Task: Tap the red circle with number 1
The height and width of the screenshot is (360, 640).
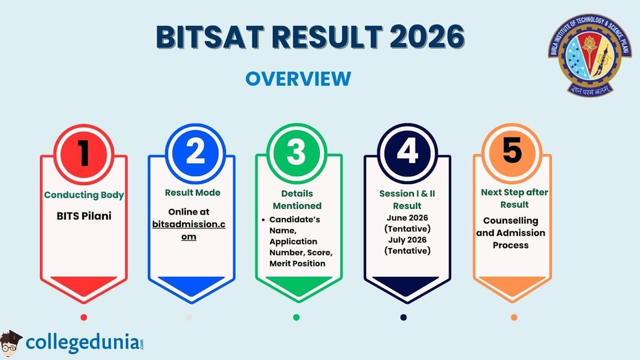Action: tap(84, 153)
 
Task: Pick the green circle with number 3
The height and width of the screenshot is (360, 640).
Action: tap(297, 153)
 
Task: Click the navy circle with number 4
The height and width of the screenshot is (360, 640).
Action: tap(407, 153)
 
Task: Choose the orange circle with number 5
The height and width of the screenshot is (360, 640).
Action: tap(512, 153)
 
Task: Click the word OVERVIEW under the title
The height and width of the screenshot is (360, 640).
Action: tap(298, 78)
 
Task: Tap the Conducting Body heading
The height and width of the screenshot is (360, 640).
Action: tap(84, 195)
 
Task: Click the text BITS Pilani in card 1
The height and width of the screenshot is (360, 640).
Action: tap(84, 217)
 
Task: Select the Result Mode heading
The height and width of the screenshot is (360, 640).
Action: tap(192, 193)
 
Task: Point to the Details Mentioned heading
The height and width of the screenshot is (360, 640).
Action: tap(297, 199)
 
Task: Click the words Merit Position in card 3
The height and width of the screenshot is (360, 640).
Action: tap(297, 263)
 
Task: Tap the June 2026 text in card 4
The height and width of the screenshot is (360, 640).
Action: tap(407, 218)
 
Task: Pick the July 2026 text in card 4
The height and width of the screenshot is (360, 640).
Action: tap(407, 239)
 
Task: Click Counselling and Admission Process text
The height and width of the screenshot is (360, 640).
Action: tap(511, 233)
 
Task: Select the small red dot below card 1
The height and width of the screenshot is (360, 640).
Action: tap(84, 317)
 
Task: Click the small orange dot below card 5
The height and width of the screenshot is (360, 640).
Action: tap(514, 317)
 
